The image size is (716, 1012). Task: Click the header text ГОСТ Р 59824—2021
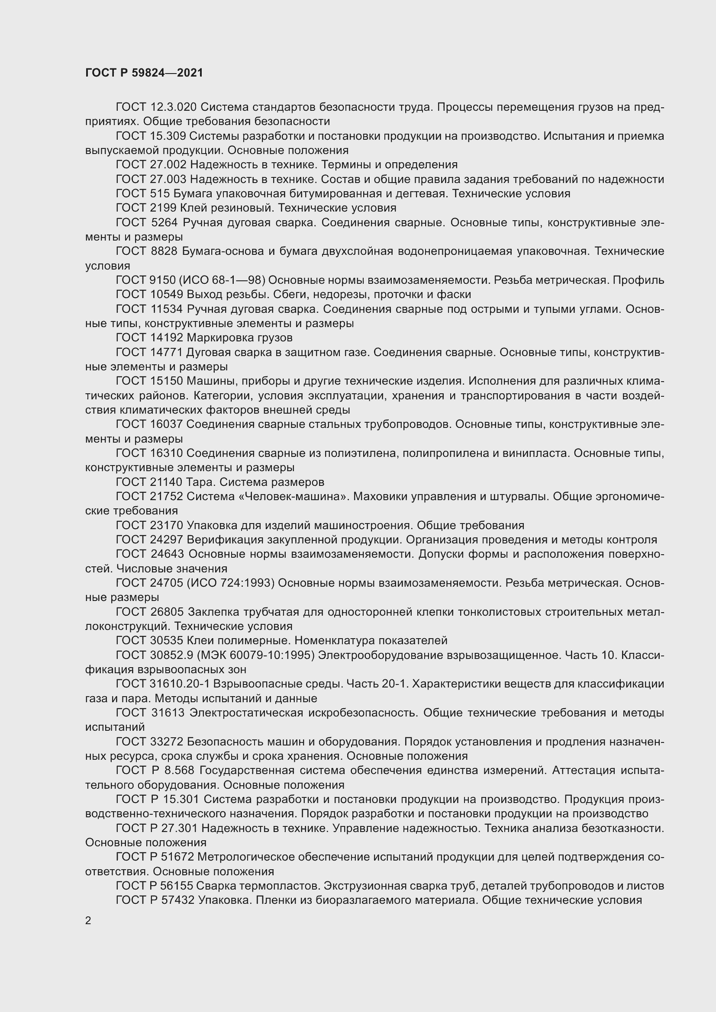coord(144,73)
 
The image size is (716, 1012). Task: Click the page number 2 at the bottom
coord(88,920)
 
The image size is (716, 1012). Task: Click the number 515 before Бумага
coord(161,193)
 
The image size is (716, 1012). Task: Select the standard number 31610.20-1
coord(184,684)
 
